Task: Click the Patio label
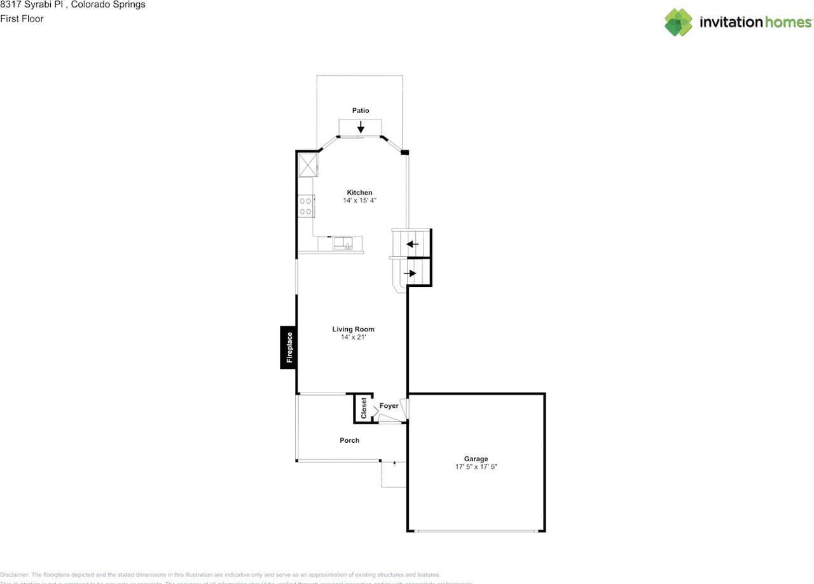(361, 111)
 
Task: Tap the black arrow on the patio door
(361, 126)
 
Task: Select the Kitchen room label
(359, 193)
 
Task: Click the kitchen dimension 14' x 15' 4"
(359, 201)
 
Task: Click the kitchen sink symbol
(344, 243)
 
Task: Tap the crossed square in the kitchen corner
(308, 165)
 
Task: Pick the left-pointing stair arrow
(413, 244)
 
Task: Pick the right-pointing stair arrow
(410, 274)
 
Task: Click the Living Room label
(353, 330)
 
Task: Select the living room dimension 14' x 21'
(353, 337)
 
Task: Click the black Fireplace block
(289, 347)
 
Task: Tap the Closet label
(364, 408)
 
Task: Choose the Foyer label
(389, 406)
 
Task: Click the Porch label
(349, 440)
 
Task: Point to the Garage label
(476, 459)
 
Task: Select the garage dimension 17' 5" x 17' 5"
(476, 467)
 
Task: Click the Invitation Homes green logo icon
(678, 22)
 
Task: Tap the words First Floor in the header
(22, 19)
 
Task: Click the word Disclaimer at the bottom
(14, 574)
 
